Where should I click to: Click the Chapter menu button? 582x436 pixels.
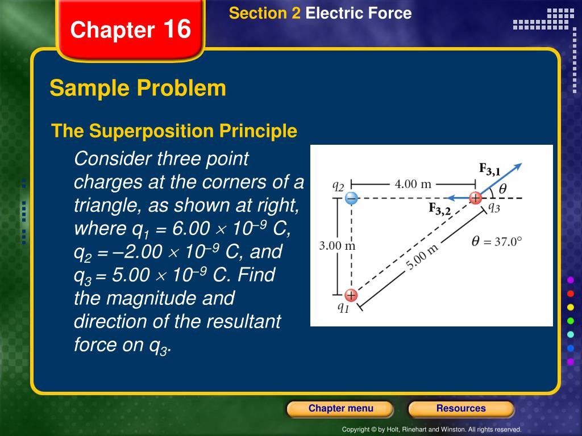tap(340, 409)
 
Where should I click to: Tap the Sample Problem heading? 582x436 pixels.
tap(138, 89)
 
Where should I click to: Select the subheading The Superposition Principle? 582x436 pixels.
tap(174, 131)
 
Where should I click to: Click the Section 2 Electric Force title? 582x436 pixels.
tap(320, 14)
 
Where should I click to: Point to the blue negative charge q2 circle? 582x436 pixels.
tap(351, 198)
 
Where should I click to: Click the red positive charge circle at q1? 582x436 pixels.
tap(351, 295)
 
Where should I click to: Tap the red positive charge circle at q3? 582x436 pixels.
tap(475, 198)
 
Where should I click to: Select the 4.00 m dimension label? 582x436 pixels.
tap(413, 184)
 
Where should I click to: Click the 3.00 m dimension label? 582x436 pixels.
tap(337, 246)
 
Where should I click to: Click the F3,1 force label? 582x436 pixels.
tap(489, 169)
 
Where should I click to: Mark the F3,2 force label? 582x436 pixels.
tap(439, 209)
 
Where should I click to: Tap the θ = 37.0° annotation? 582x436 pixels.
tap(496, 241)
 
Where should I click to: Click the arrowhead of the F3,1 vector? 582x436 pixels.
tap(518, 166)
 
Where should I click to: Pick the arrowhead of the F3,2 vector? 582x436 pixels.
tap(448, 198)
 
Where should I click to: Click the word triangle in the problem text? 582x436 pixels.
tap(106, 205)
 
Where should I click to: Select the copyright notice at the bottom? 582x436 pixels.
tap(431, 430)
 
